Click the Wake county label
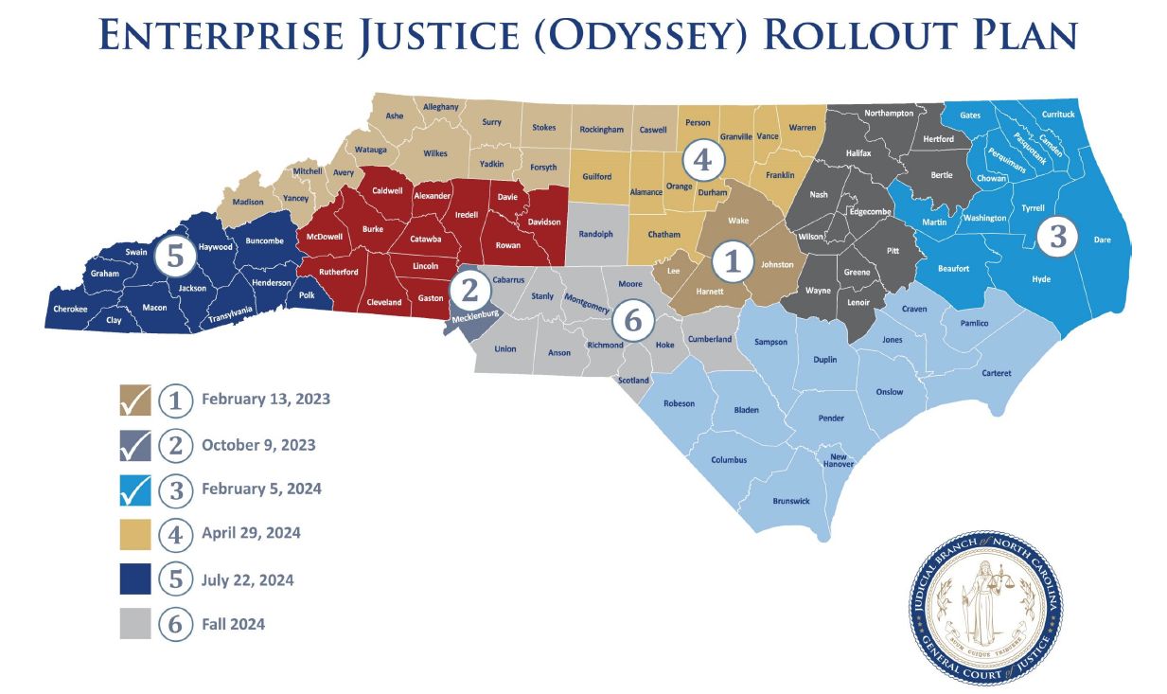click(738, 220)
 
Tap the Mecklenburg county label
click(474, 318)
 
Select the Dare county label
click(1102, 240)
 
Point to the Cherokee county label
click(70, 309)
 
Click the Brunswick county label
click(791, 501)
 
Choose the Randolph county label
click(595, 234)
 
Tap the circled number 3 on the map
click(1058, 237)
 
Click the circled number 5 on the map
click(175, 253)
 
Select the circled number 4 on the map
click(701, 160)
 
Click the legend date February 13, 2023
click(266, 400)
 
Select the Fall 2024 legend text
click(233, 624)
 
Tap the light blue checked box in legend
click(135, 489)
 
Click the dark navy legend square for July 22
click(135, 578)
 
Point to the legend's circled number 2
click(175, 445)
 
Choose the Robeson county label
click(679, 403)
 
